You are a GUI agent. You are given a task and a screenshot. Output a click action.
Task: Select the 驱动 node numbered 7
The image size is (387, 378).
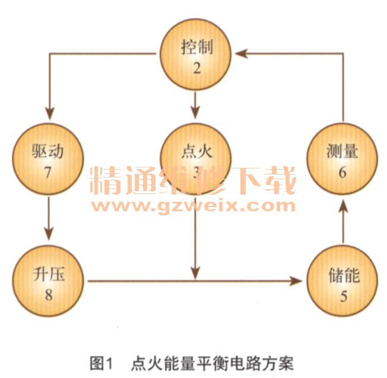coord(48,158)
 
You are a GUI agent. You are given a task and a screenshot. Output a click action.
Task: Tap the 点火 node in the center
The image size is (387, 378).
coord(196,158)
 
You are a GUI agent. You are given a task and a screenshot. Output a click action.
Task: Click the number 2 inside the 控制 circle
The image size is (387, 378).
coord(196,66)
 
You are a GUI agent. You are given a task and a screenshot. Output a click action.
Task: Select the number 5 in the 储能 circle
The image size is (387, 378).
coord(343,294)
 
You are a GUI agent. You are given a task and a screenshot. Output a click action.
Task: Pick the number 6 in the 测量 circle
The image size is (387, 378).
coord(343,171)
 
